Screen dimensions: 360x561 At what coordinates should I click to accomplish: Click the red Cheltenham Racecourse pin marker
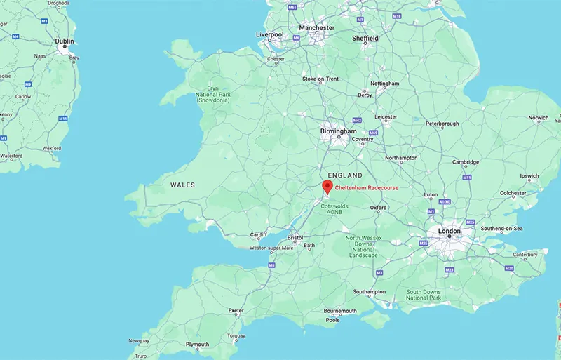coord(326,187)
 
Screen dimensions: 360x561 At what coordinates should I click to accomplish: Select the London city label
coord(449,231)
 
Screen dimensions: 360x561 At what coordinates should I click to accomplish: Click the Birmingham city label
coord(339,131)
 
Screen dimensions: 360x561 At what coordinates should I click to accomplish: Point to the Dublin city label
coord(65,41)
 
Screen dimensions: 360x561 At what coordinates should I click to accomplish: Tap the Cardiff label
coord(259,235)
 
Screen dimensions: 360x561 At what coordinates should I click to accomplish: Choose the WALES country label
coord(183,185)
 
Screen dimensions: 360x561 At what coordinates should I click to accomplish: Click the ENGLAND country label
coord(346,175)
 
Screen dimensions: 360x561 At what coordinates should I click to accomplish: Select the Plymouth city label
coord(197,345)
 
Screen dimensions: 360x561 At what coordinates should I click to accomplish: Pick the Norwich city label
coord(539,118)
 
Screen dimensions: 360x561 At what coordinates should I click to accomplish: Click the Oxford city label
coord(379,208)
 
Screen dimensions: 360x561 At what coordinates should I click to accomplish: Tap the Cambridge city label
coord(466,162)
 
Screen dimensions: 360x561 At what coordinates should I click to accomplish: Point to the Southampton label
coord(369,292)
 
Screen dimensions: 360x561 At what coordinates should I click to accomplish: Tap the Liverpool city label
coord(269,34)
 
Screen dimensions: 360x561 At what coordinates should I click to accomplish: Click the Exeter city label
coord(236,310)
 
